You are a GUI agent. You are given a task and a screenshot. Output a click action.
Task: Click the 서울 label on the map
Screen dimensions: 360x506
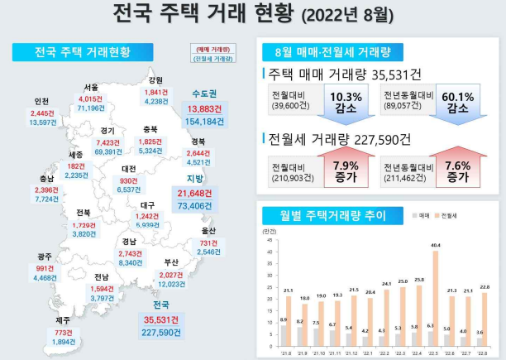pos(91,87)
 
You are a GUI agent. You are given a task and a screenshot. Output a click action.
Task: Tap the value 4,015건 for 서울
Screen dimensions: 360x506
pos(91,98)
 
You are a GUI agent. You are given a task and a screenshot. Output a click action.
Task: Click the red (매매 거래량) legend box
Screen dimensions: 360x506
pos(213,48)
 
